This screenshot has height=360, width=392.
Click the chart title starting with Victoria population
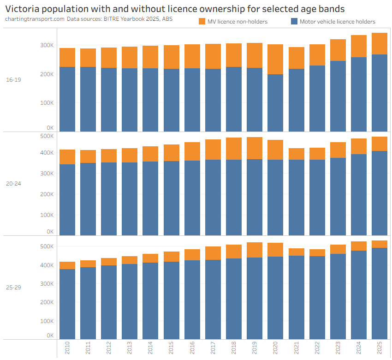pyautogui.click(x=175, y=9)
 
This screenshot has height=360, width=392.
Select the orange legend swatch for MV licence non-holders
pyautogui.click(x=202, y=21)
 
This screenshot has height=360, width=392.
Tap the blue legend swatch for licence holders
pyautogui.click(x=294, y=21)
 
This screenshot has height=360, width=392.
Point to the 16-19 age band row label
pyautogui.click(x=13, y=80)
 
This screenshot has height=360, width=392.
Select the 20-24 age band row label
pyautogui.click(x=13, y=184)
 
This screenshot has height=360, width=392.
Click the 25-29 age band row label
pyautogui.click(x=13, y=288)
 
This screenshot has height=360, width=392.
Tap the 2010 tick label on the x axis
pyautogui.click(x=67, y=348)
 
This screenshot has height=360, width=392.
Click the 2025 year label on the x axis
pyautogui.click(x=380, y=348)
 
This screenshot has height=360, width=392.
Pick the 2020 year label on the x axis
pyautogui.click(x=275, y=348)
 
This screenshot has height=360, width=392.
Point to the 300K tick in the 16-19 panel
pyautogui.click(x=47, y=45)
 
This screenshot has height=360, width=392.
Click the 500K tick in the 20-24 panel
pyautogui.click(x=47, y=136)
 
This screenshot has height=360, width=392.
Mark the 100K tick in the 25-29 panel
pyautogui.click(x=47, y=320)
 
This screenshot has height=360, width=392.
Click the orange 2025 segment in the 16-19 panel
pyautogui.click(x=380, y=43)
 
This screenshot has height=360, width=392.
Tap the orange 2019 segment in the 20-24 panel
pyautogui.click(x=255, y=148)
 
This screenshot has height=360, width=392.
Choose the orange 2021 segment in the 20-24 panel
pyautogui.click(x=297, y=154)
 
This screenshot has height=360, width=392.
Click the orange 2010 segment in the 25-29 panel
pyautogui.click(x=67, y=265)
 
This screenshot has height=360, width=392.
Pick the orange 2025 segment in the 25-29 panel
pyautogui.click(x=380, y=244)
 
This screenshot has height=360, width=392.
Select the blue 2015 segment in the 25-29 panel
pyautogui.click(x=172, y=300)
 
